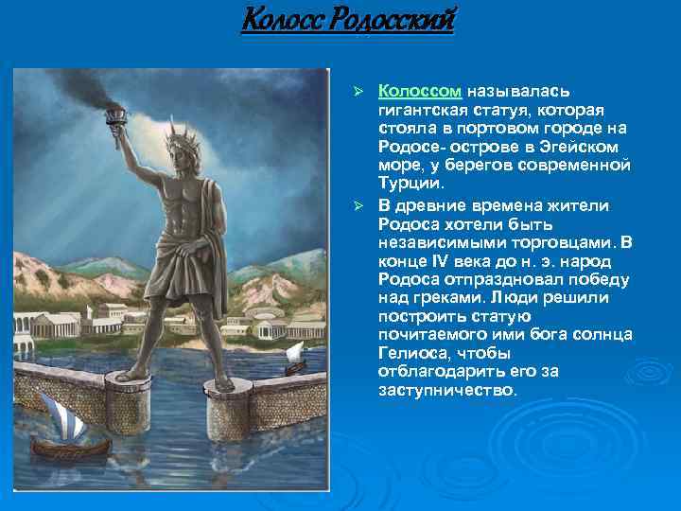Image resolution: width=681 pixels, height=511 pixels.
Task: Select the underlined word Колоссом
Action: pyautogui.click(x=420, y=91)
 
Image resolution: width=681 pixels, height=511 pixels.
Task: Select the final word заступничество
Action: pyautogui.click(x=446, y=388)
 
